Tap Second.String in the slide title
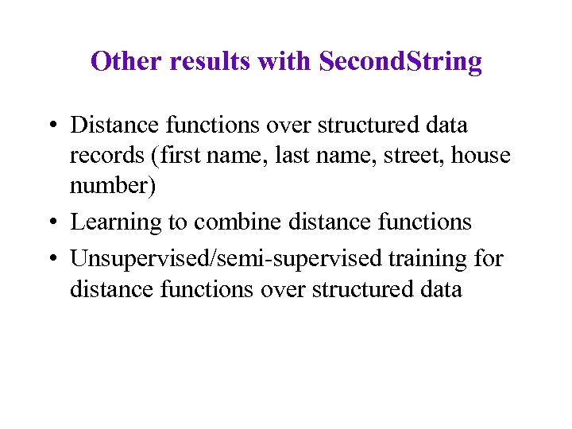click(400, 61)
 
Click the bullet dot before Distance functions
click(50, 126)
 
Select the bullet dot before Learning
click(50, 223)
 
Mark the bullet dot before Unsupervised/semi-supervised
click(50, 258)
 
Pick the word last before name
click(291, 156)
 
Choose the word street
click(416, 156)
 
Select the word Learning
click(116, 222)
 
